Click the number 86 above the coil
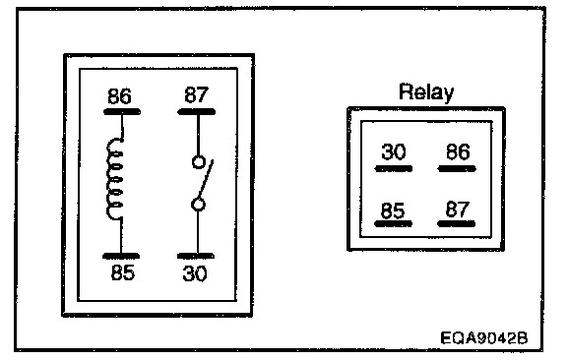pos(119,96)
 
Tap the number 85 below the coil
pos(123,272)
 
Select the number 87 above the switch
pos(196,94)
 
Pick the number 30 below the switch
pos(195,273)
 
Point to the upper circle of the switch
pos(199,162)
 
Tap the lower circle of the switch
pos(198,205)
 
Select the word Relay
pos(426,92)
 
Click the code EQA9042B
pos(484,338)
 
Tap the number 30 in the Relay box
pos(394,151)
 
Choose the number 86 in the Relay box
pos(458,151)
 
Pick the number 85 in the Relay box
pos(393,210)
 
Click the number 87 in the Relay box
pos(457,210)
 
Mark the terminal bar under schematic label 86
pos(122,112)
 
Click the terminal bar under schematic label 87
pos(196,112)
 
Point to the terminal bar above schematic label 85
pos(121,256)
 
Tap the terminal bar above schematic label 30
pos(196,256)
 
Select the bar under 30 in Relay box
pos(393,169)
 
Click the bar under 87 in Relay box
pos(456,224)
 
